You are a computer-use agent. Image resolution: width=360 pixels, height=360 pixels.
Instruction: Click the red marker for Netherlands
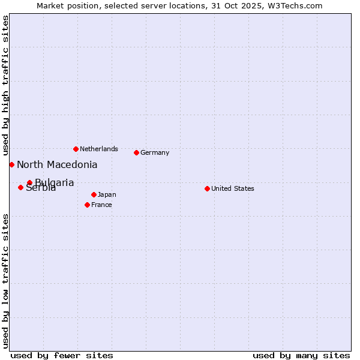(x=76, y=149)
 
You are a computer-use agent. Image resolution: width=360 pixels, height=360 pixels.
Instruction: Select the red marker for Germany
(x=136, y=152)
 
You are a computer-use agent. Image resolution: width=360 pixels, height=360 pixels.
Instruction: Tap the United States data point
(x=207, y=188)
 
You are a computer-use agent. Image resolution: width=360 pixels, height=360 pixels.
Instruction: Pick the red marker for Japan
(x=94, y=194)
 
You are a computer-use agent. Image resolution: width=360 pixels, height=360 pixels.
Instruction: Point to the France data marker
(x=87, y=205)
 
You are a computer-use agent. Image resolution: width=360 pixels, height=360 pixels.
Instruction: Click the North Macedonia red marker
(x=11, y=164)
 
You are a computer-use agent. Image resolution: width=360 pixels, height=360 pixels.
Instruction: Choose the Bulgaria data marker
(x=29, y=182)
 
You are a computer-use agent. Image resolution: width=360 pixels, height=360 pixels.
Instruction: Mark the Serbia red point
(x=20, y=188)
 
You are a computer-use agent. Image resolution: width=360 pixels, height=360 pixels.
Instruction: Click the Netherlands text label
(x=99, y=149)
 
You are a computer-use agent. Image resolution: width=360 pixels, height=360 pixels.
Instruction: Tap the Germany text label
(x=155, y=152)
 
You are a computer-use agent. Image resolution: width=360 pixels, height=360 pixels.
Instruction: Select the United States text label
(x=233, y=188)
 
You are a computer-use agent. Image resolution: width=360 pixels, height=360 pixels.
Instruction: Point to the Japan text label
(x=107, y=194)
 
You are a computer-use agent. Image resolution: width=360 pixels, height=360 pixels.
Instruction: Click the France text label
(x=101, y=205)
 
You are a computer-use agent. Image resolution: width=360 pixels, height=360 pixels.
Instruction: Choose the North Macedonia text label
(x=57, y=164)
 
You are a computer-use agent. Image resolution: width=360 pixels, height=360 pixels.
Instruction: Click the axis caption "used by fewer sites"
(x=62, y=355)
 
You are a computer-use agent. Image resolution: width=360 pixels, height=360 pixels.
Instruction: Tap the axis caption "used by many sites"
(x=301, y=355)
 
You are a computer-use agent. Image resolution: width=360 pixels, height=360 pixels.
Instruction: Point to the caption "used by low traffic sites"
(x=5, y=280)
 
